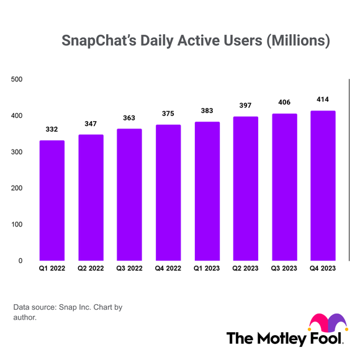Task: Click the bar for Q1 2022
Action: pyautogui.click(x=52, y=200)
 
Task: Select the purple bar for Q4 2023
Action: pyautogui.click(x=323, y=186)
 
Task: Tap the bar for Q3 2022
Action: pyautogui.click(x=129, y=194)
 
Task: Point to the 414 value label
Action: pyautogui.click(x=323, y=99)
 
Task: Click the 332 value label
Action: pyautogui.click(x=52, y=129)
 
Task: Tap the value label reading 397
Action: pyautogui.click(x=246, y=105)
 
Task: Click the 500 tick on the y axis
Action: pyautogui.click(x=17, y=79)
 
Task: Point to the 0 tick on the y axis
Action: pyautogui.click(x=20, y=261)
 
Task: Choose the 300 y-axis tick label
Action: pyautogui.click(x=17, y=152)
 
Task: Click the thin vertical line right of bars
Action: pyautogui.click(x=350, y=171)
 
